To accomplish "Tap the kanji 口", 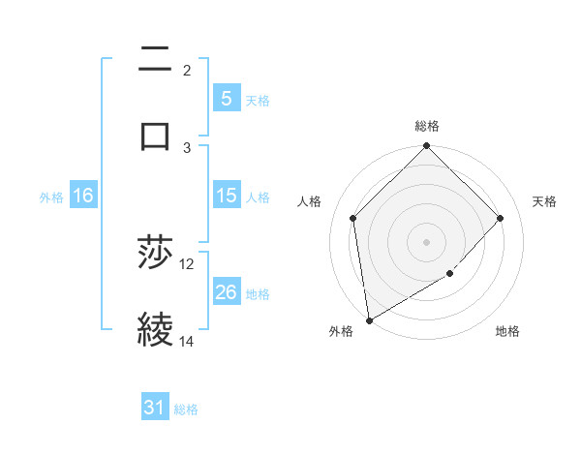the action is click(155, 135).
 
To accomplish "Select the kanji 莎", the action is click(155, 254).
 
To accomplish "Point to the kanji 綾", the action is click(155, 329).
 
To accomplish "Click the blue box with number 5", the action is click(226, 98).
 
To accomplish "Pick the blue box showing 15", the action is click(226, 196).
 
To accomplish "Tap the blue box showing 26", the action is click(226, 292).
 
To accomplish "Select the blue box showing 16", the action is click(83, 196).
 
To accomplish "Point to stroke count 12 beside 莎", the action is click(187, 264).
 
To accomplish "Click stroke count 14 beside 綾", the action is click(187, 342).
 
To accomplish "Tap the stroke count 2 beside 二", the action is click(187, 71).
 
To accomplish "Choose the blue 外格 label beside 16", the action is click(51, 197).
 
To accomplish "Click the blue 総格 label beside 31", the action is click(186, 409).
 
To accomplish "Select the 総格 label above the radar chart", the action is click(427, 126).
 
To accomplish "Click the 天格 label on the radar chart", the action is click(544, 201).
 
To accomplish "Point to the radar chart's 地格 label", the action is click(507, 332).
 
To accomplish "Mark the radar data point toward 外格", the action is click(369, 320).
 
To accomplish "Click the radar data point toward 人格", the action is click(353, 218).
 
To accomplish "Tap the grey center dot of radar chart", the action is click(427, 241).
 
